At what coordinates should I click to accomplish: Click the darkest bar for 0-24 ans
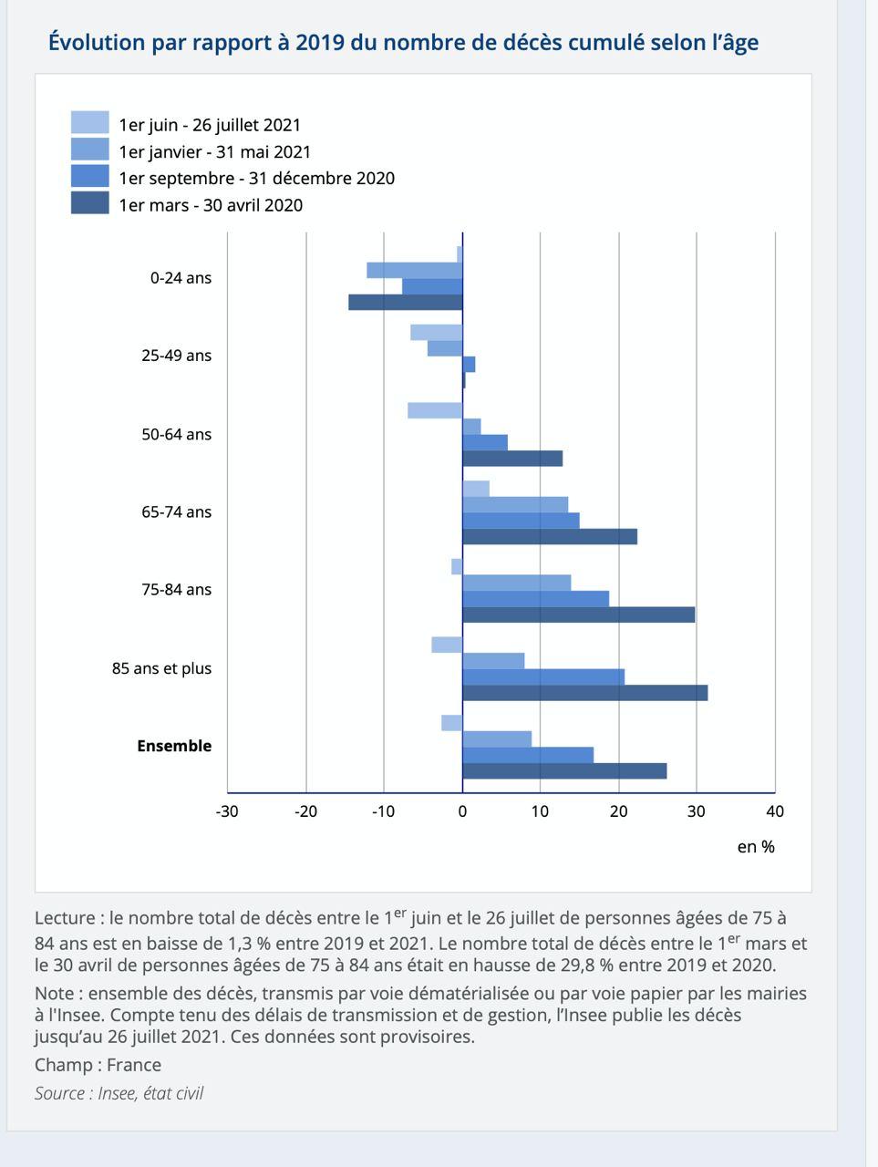406,302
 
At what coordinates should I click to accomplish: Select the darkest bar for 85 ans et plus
585,693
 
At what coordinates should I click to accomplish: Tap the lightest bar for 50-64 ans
435,410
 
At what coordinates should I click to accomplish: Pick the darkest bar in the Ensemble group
564,771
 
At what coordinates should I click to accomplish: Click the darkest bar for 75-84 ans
579,614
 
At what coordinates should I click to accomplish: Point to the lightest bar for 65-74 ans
476,489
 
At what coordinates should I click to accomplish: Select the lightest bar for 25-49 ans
437,332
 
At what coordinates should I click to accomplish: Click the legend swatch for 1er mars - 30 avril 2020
90,202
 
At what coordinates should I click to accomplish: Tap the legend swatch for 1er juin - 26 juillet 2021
90,122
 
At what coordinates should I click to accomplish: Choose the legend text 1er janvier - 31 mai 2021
215,152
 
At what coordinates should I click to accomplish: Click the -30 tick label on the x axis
227,811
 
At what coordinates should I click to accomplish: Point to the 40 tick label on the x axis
775,811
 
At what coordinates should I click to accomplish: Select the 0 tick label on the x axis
462,811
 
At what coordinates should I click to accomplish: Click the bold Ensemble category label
174,746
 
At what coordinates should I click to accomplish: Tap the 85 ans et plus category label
161,668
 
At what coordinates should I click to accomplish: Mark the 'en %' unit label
756,847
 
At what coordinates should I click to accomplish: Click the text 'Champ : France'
98,1065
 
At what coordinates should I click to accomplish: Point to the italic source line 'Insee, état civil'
150,1093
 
